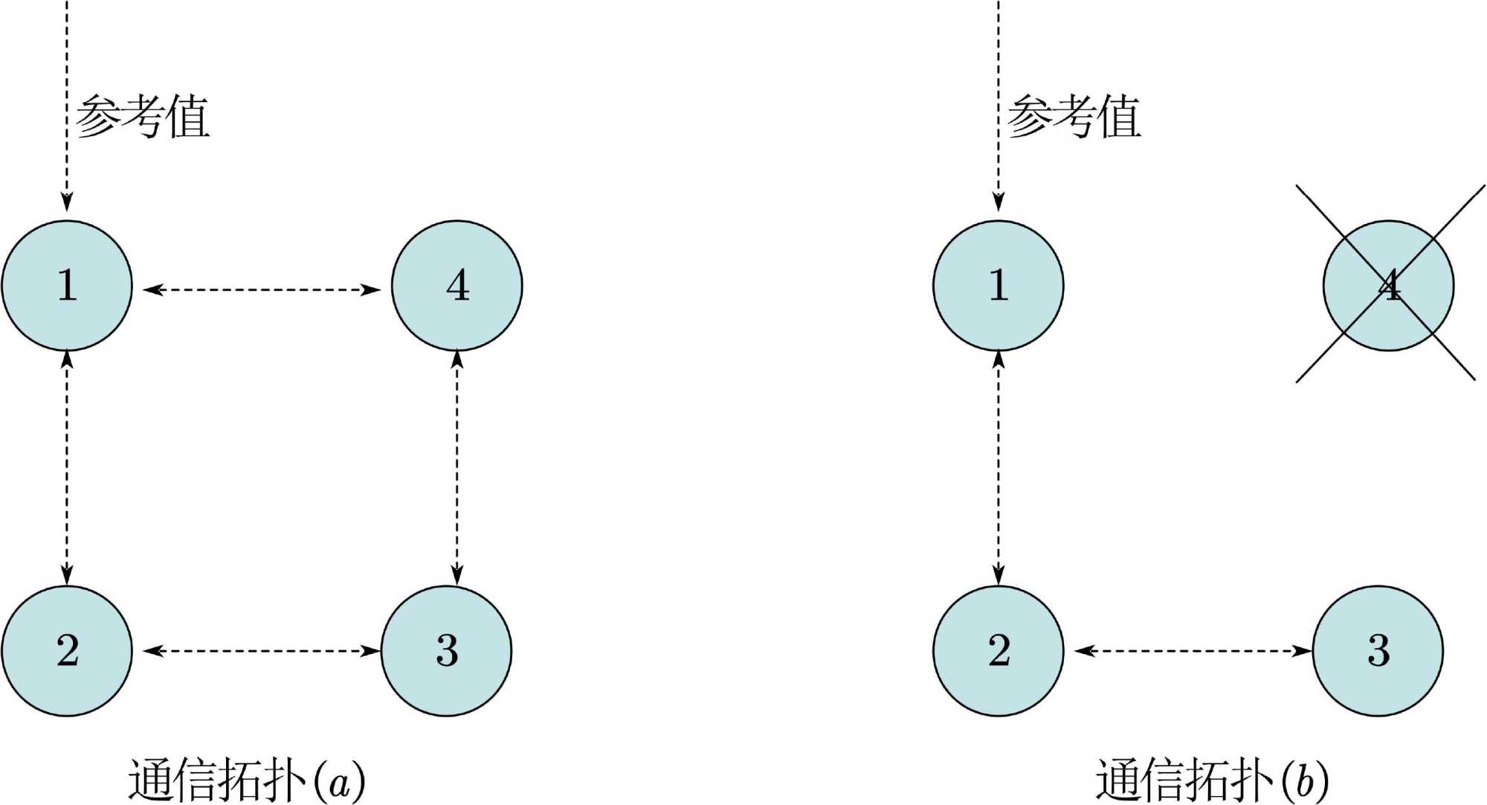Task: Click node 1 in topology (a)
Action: click(x=67, y=286)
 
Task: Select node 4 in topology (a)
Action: click(x=457, y=286)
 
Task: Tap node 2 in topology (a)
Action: click(x=67, y=651)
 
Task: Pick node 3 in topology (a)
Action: click(x=446, y=651)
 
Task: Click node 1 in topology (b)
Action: click(x=999, y=286)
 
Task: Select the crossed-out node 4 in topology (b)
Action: click(x=1388, y=286)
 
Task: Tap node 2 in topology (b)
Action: click(x=999, y=651)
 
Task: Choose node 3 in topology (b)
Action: click(x=1378, y=651)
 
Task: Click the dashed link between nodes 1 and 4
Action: click(x=262, y=289)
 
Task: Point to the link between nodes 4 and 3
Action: click(x=457, y=467)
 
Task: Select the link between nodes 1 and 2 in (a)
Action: click(x=67, y=467)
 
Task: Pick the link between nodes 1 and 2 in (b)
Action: click(x=999, y=467)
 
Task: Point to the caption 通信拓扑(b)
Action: click(x=1212, y=780)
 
